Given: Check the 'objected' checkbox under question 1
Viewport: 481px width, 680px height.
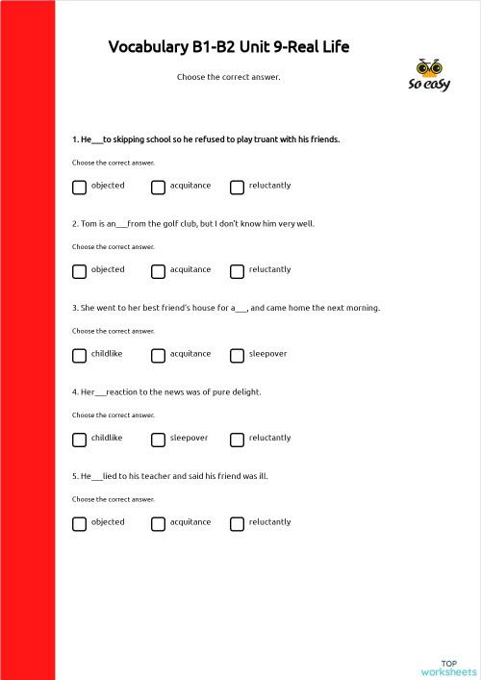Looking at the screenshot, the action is tap(79, 187).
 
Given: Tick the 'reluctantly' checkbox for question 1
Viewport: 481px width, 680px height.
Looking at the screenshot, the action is tap(237, 187).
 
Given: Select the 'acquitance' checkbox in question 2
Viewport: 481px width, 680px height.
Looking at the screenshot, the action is tap(158, 271).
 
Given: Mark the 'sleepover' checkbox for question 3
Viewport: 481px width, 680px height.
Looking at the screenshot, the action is tap(237, 356).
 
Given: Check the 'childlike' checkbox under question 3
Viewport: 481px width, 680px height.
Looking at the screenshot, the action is tap(79, 356).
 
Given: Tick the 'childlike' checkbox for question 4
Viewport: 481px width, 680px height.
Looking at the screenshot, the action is tap(79, 440).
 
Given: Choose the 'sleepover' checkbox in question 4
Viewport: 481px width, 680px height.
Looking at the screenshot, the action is tap(158, 440).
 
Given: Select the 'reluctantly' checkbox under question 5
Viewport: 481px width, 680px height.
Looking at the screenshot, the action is tap(237, 524).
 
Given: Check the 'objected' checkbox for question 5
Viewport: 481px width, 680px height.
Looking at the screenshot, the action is tap(79, 524).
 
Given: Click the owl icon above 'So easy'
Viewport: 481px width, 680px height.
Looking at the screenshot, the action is tap(428, 67).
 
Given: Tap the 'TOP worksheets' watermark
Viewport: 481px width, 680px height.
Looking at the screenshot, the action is tap(448, 667).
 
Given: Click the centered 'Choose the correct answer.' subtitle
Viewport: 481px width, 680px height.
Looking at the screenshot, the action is tap(229, 77).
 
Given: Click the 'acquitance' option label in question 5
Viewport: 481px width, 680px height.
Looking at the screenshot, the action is tap(190, 522).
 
